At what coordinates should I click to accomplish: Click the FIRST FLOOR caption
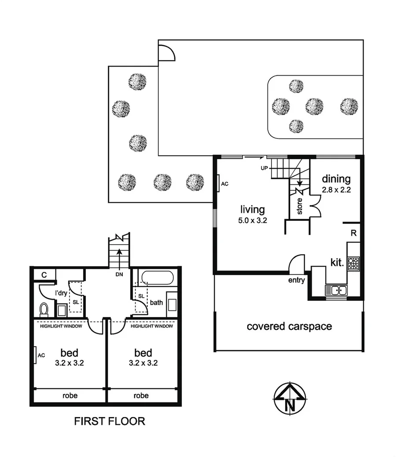[109, 421]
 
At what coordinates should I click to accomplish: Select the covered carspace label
[289, 326]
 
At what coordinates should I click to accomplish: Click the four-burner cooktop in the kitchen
[353, 263]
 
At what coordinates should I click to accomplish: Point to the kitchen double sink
[336, 290]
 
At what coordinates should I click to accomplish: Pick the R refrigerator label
[353, 233]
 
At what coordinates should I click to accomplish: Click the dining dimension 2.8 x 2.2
[336, 191]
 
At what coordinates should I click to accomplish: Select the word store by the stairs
[299, 207]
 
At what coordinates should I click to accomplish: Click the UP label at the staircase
[264, 168]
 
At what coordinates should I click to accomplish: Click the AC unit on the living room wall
[219, 184]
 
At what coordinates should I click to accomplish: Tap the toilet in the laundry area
[44, 309]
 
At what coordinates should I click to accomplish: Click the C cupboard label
[44, 275]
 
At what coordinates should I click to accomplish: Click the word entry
[297, 280]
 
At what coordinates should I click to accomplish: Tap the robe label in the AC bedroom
[70, 395]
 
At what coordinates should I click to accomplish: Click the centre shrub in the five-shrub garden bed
[314, 106]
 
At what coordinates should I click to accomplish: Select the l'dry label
[61, 293]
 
